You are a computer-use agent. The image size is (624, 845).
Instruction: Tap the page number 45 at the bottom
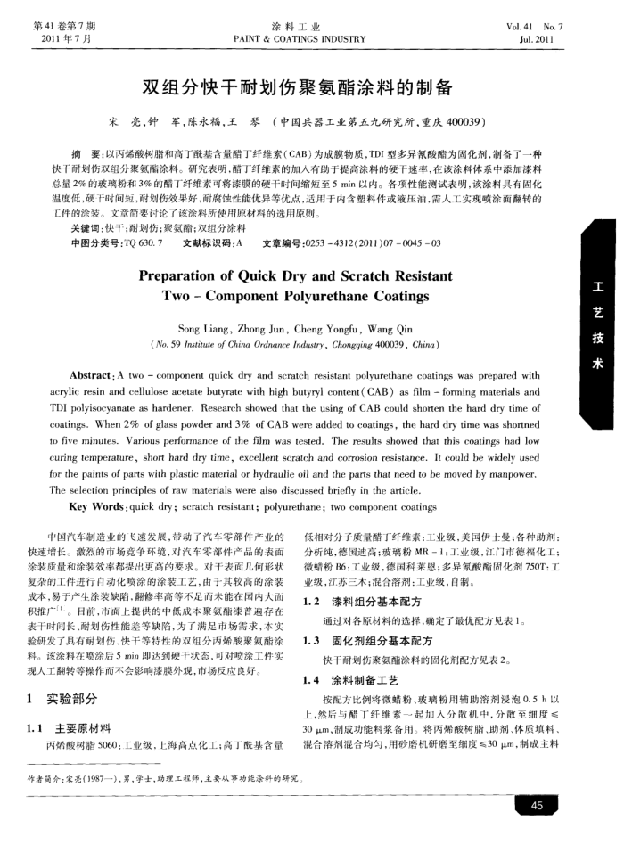[x=537, y=807]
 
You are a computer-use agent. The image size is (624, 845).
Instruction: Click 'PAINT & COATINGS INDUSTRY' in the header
[x=299, y=39]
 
